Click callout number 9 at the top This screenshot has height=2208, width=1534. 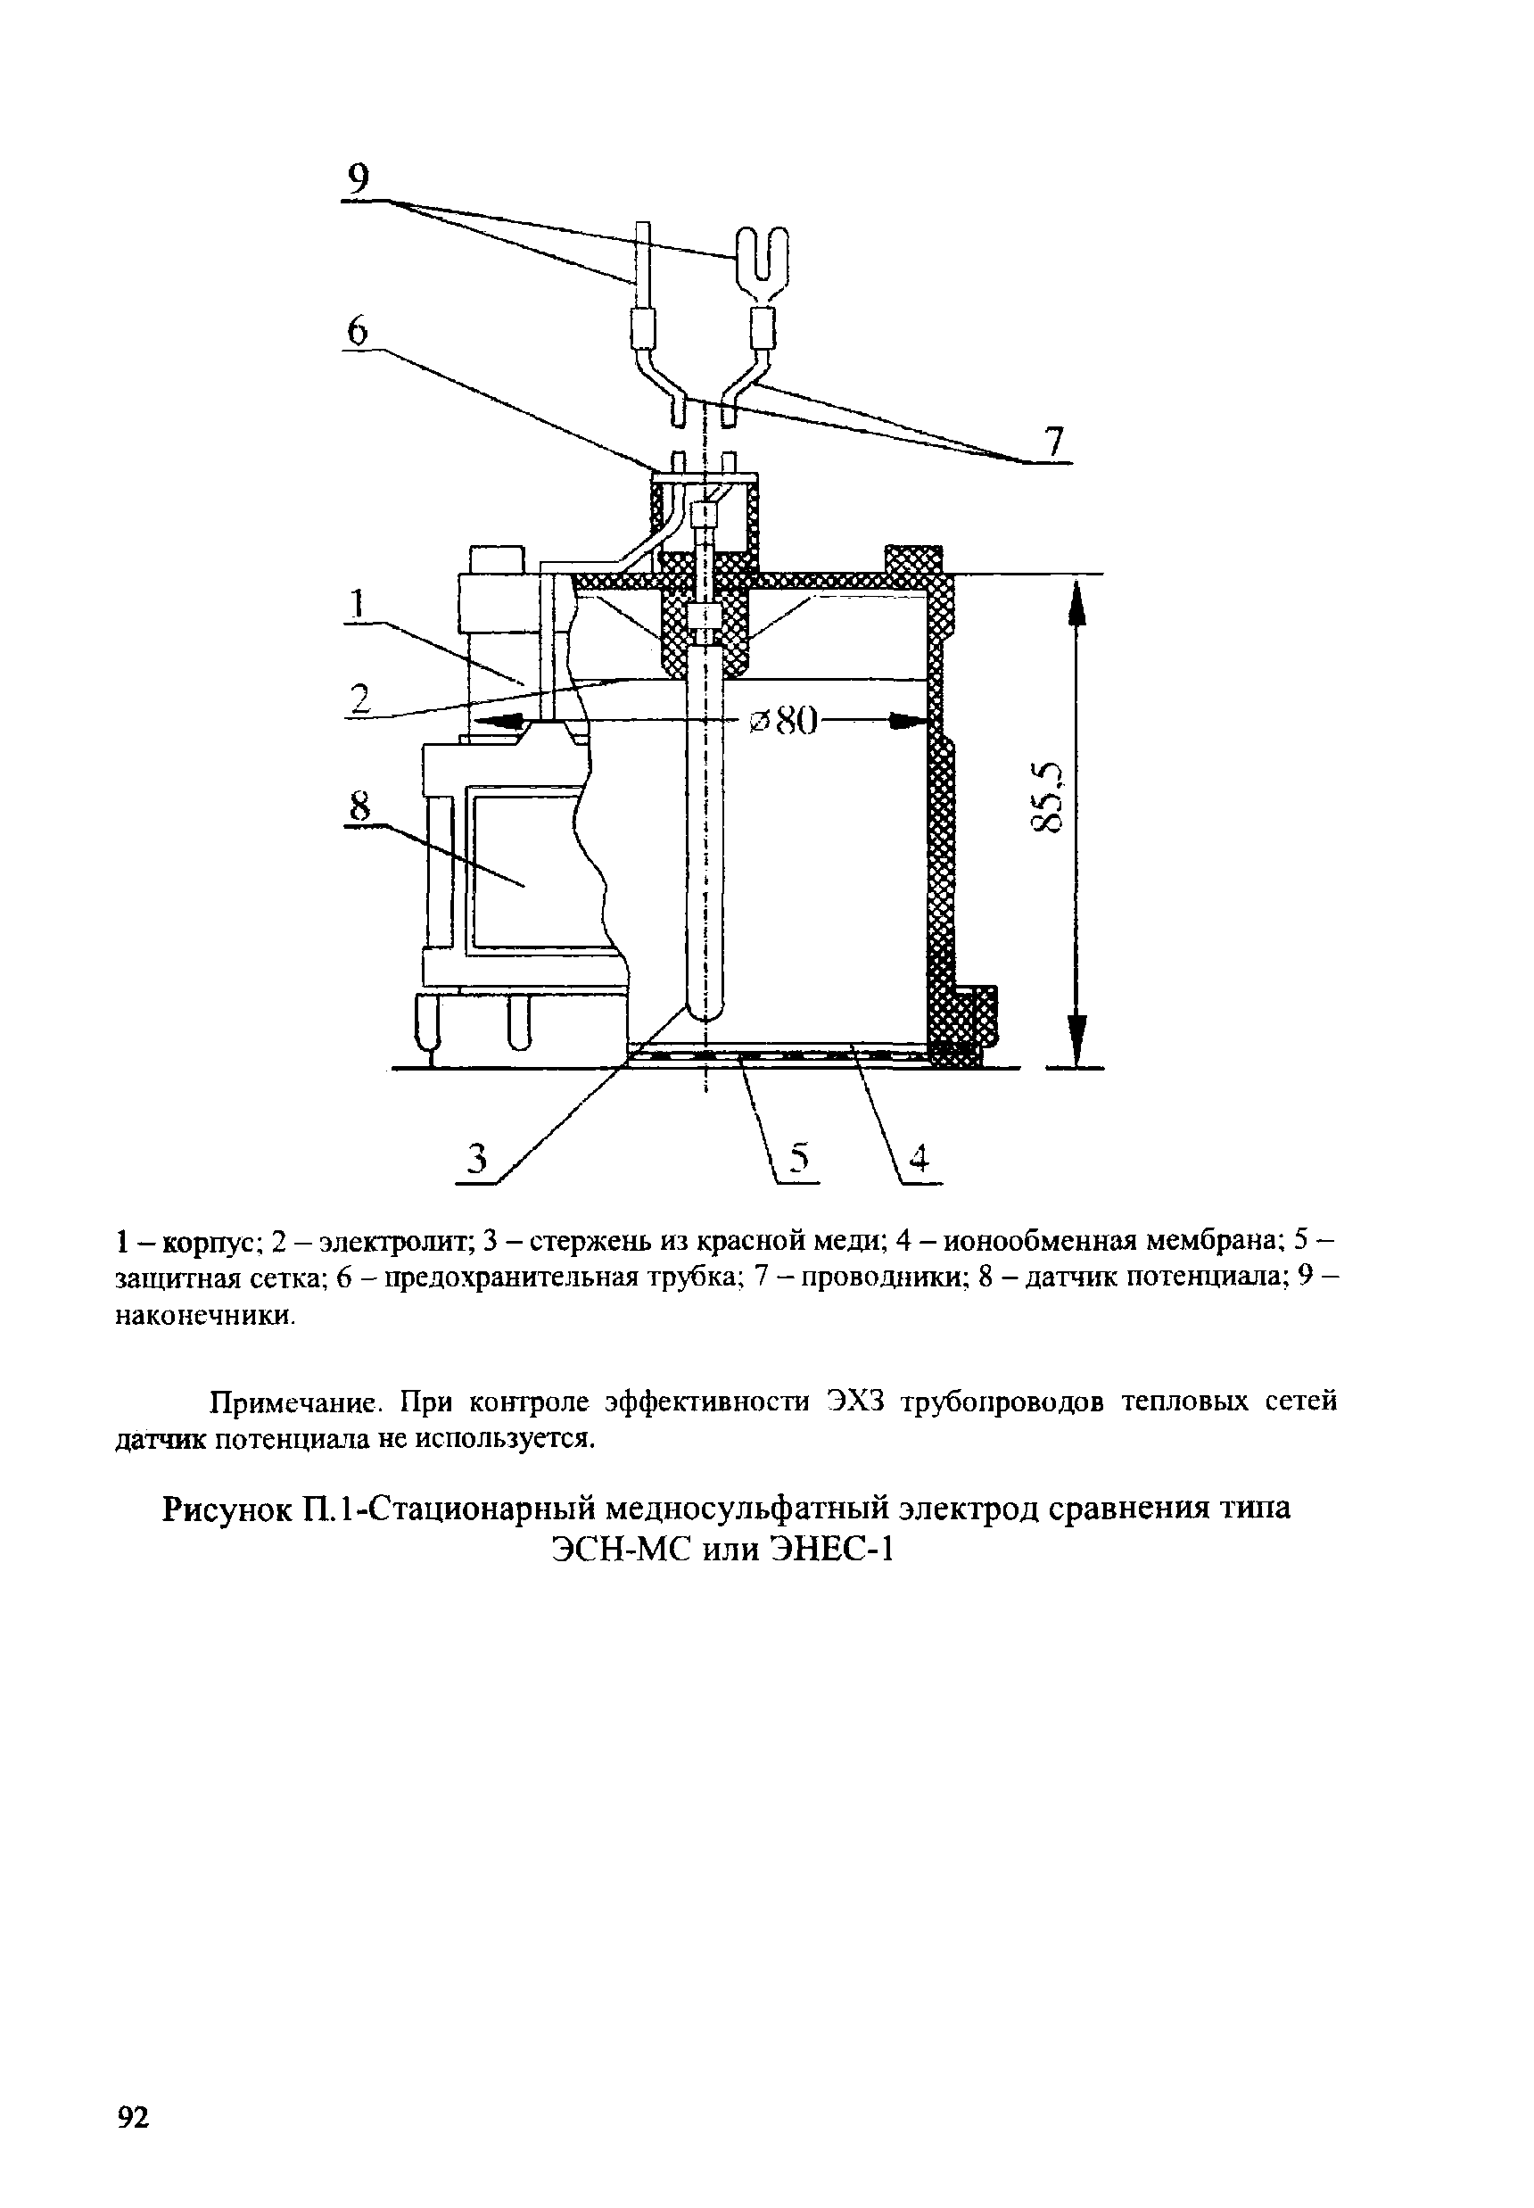coord(358,178)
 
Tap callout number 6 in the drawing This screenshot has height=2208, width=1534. coord(357,332)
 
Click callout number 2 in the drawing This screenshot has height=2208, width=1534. coord(359,698)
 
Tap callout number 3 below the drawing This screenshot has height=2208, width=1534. coord(475,1162)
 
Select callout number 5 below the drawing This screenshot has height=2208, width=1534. coord(800,1161)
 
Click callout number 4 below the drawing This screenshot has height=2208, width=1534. coord(920,1161)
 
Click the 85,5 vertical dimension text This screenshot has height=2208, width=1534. coord(1048,797)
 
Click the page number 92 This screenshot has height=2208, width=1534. coord(133,2117)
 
